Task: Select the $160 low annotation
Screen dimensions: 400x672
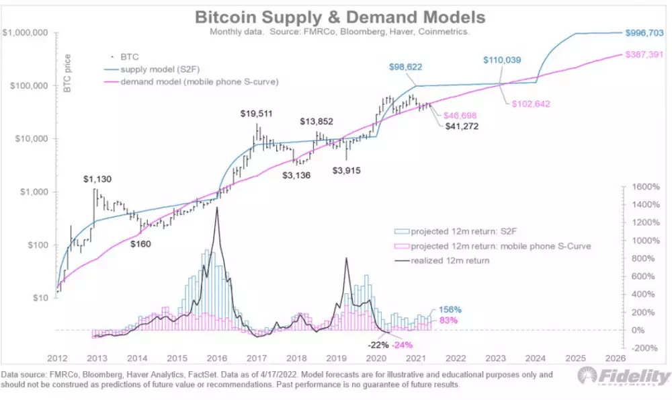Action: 141,243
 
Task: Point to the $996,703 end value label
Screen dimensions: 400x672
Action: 647,32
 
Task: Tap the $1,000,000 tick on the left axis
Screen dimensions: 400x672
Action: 25,33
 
